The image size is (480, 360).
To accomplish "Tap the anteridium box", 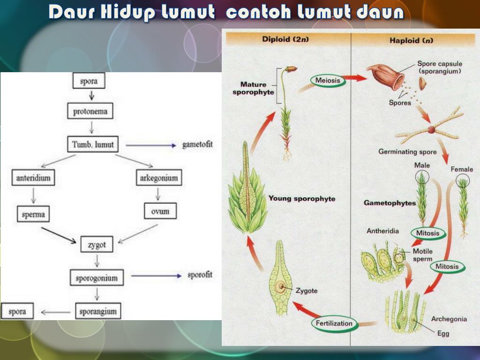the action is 33,178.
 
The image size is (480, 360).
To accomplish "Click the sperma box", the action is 33,214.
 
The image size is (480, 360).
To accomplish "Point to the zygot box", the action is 97,244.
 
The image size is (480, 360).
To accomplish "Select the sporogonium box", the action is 97,278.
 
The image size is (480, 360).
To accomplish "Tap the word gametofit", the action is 197,144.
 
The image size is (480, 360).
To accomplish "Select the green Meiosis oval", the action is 328,81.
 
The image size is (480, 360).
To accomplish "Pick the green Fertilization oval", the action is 334,323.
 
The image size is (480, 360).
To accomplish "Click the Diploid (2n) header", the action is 285,40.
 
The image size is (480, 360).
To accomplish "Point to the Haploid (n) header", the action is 411,40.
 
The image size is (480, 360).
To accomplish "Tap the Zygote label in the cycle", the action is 307,291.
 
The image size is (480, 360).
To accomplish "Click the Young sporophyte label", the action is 301,199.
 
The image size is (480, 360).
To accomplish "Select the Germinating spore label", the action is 407,152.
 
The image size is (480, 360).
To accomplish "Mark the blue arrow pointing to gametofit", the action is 150,145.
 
